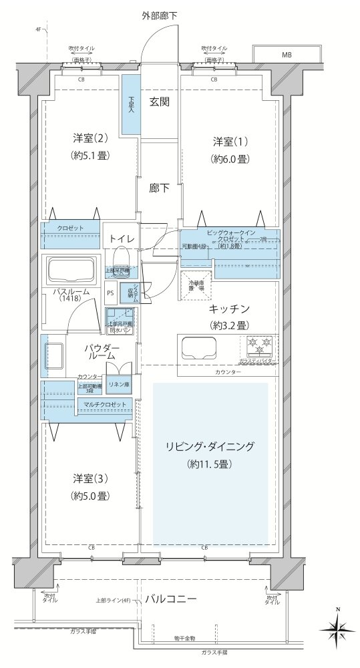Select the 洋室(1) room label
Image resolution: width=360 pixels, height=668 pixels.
(x=230, y=142)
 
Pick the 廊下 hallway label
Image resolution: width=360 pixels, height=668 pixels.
(x=159, y=188)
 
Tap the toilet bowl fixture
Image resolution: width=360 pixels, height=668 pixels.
(x=122, y=257)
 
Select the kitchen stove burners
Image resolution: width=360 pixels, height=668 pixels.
(x=260, y=345)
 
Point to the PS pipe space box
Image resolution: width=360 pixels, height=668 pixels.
(x=110, y=292)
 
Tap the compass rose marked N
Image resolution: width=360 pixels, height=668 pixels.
(x=339, y=627)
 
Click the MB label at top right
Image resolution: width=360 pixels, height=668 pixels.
(x=286, y=54)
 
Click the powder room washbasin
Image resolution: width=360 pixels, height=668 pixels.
(x=53, y=356)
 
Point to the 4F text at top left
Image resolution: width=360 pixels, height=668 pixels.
(x=39, y=30)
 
